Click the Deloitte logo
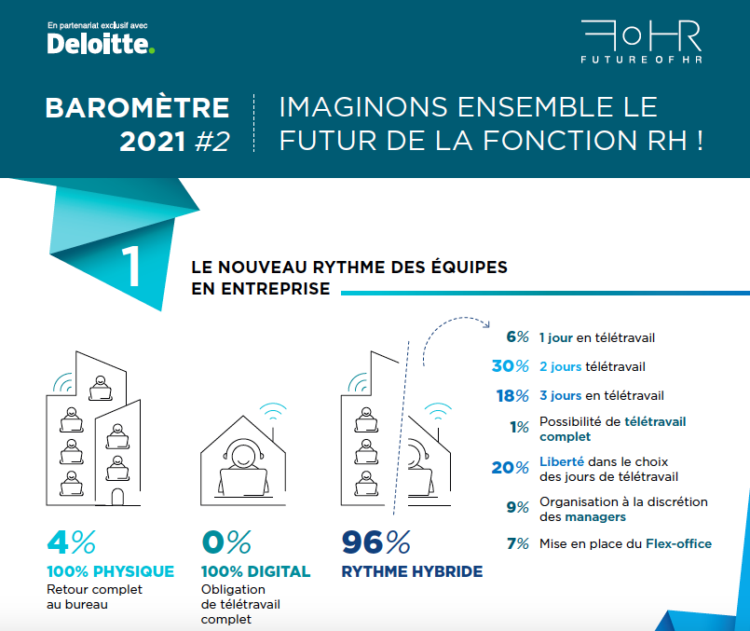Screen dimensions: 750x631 [101, 44]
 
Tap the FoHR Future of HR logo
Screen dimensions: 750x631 [641, 42]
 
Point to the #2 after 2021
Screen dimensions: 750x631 [212, 142]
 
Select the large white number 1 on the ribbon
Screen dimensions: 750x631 [130, 266]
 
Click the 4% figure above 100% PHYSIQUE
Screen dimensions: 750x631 [71, 542]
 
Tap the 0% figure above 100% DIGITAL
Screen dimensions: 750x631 [226, 542]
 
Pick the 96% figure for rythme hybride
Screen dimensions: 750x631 [376, 542]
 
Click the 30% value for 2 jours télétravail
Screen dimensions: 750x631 [511, 366]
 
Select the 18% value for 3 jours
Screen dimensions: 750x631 [512, 395]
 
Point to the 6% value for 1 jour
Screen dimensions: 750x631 [517, 336]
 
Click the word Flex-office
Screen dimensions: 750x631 [678, 543]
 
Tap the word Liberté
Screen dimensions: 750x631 [562, 461]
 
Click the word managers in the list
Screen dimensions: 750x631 [595, 517]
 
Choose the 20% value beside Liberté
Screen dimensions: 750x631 [511, 467]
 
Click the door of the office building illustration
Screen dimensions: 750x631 [117, 497]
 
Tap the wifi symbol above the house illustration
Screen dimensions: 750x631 [273, 411]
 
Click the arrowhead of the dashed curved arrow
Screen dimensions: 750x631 [487, 325]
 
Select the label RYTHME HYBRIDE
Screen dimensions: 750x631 [412, 571]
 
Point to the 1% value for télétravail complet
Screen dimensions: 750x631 [519, 427]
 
